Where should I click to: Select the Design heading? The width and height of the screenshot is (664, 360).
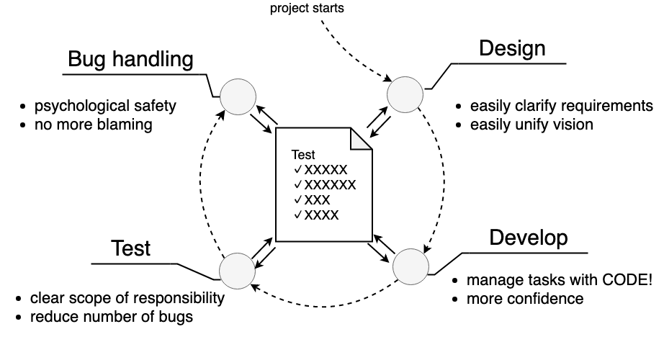(512, 48)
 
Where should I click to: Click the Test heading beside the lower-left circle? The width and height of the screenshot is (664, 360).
(130, 248)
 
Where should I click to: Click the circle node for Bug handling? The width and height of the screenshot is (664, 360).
(236, 96)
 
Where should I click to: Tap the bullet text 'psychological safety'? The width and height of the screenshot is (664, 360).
(105, 107)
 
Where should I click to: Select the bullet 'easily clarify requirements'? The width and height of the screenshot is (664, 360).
(561, 107)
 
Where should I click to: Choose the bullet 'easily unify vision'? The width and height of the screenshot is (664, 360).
(531, 125)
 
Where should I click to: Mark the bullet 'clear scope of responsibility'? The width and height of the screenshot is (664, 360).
(127, 298)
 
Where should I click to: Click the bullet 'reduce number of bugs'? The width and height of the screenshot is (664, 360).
(112, 316)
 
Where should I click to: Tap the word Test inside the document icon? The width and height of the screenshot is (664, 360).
(302, 155)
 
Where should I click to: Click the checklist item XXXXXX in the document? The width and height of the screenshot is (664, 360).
(330, 185)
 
